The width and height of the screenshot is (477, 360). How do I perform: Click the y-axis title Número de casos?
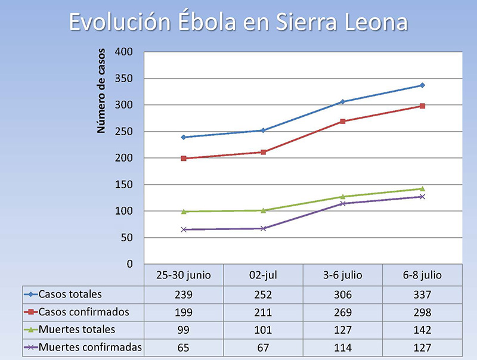pyautogui.click(x=102, y=90)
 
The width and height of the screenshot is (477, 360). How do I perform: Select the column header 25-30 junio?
pyautogui.click(x=184, y=275)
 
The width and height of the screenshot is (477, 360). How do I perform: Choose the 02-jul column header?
pyautogui.click(x=263, y=275)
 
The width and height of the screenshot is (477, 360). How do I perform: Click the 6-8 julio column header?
pyautogui.click(x=422, y=275)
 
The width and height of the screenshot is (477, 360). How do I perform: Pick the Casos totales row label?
pyautogui.click(x=70, y=294)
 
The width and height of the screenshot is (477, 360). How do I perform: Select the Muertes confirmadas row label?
pyautogui.click(x=90, y=347)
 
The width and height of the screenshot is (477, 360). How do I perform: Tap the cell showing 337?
pyautogui.click(x=422, y=294)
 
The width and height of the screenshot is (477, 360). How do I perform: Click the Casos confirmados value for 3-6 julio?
pyautogui.click(x=342, y=312)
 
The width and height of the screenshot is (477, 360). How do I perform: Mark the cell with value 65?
pyautogui.click(x=184, y=348)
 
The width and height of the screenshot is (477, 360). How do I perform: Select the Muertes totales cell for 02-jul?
pyautogui.click(x=263, y=330)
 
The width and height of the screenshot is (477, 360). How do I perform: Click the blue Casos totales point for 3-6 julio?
pyautogui.click(x=342, y=102)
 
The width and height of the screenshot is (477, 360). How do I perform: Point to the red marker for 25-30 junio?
pyautogui.click(x=184, y=159)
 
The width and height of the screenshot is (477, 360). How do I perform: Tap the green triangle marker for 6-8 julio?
pyautogui.click(x=422, y=188)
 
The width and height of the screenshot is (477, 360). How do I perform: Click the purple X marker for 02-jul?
pyautogui.click(x=263, y=228)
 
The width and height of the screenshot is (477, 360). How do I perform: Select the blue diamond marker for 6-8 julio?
pyautogui.click(x=422, y=85)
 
